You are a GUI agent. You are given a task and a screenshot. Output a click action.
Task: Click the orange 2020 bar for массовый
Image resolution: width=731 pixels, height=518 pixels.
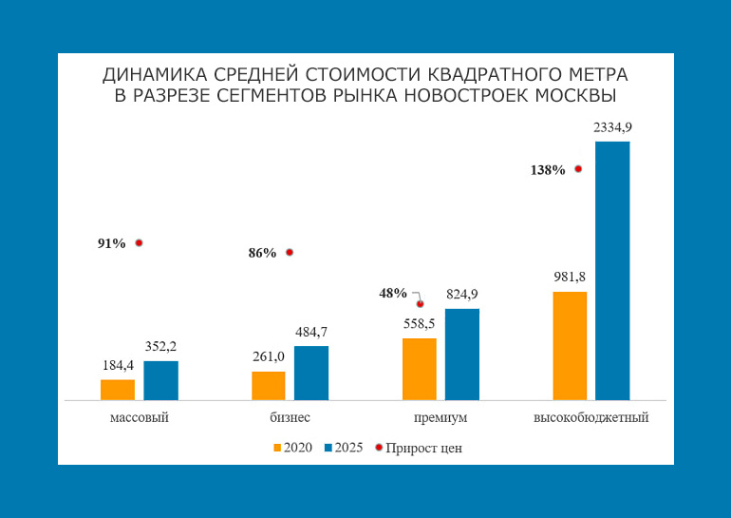point(117,390)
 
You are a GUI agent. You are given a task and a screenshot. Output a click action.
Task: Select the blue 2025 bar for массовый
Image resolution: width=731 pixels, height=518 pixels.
point(160,380)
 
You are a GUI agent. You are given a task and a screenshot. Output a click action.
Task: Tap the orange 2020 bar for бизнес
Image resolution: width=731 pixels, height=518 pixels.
point(268,385)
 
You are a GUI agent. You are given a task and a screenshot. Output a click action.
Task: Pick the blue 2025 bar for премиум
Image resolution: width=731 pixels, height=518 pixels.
point(461,354)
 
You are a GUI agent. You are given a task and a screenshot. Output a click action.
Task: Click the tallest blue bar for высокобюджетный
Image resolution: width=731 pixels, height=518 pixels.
point(612,271)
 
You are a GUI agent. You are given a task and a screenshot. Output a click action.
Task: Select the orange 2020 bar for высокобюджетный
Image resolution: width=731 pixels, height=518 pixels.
point(570,345)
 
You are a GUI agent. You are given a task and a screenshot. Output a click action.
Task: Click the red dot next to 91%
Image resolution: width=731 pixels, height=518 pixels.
point(139,243)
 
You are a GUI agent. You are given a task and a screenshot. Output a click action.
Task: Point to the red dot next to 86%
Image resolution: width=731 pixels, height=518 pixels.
point(290,253)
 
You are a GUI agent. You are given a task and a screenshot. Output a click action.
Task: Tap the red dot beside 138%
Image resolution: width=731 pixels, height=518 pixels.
point(578,169)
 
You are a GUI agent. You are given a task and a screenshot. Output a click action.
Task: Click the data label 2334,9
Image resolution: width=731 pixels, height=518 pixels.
point(612,127)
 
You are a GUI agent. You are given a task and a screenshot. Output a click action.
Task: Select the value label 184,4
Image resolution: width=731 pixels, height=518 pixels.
point(118,365)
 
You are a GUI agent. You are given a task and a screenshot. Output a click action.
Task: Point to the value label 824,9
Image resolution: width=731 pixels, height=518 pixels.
point(462,294)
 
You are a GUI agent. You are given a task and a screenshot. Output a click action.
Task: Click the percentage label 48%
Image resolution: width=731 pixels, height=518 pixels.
point(393,293)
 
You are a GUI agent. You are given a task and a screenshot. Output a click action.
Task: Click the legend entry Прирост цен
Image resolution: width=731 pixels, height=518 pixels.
point(423,448)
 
